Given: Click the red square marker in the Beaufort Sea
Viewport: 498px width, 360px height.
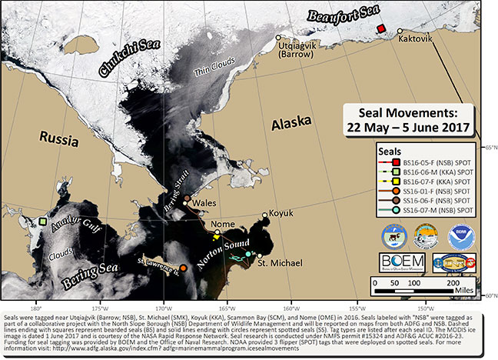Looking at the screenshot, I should pyautogui.click(x=380, y=28).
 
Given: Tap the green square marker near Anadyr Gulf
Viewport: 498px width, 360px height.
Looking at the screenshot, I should pyautogui.click(x=43, y=222).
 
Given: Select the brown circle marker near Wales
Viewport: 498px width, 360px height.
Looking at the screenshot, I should pyautogui.click(x=186, y=198).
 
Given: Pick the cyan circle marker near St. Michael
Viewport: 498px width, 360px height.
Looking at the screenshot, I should pyautogui.click(x=247, y=253).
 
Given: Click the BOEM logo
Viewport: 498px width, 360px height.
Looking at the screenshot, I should pyautogui.click(x=403, y=263).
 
